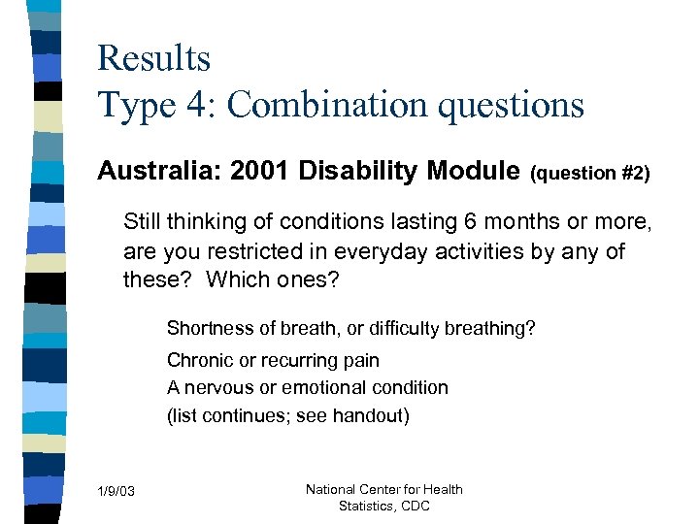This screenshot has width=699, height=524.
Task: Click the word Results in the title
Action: pos(153,58)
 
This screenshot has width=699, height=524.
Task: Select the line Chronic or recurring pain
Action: pos(273,360)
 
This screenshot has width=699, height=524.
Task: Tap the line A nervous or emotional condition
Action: pos(307,387)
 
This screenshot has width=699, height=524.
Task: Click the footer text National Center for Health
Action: pos(383,489)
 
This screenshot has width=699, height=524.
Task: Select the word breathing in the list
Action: pos(490,328)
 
